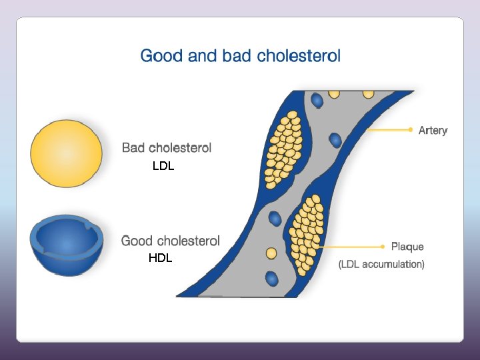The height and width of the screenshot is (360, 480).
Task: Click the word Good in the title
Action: tap(163, 55)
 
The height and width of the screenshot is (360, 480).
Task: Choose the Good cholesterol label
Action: tap(170, 241)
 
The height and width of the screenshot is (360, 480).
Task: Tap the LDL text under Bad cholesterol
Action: tap(163, 167)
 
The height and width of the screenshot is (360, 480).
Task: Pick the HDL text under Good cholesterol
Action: tap(161, 259)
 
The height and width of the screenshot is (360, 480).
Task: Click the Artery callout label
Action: tap(433, 131)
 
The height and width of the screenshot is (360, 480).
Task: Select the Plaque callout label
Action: tap(407, 247)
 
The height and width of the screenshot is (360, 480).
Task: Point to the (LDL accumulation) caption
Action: tap(381, 265)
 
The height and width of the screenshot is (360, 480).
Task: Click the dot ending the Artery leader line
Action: tap(410, 130)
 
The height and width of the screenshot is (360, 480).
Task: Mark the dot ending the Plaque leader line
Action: tap(382, 246)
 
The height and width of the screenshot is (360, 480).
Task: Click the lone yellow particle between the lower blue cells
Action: tap(271, 253)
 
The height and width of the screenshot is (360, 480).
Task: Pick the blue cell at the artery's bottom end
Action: tap(271, 278)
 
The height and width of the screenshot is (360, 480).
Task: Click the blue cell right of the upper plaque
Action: tap(335, 140)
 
